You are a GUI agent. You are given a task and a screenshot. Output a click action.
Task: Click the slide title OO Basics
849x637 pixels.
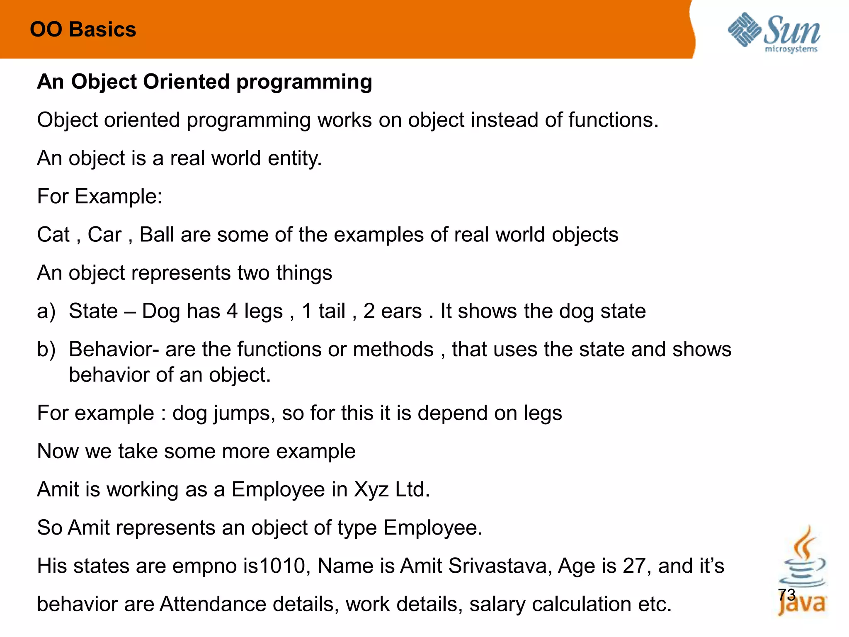[x=83, y=30]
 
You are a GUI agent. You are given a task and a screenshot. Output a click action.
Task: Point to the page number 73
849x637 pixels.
[x=786, y=595]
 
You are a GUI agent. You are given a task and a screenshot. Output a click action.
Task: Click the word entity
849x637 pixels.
[x=294, y=158]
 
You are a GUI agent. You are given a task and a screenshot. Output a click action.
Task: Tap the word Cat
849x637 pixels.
[x=53, y=235]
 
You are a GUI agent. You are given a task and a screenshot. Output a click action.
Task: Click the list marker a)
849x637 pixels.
[x=46, y=311]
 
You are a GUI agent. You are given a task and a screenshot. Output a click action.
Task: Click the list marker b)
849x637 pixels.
[x=46, y=350]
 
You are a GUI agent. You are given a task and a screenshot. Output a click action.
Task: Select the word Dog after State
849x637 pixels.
[x=161, y=311]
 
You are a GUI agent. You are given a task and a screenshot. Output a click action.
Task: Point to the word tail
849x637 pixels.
[x=332, y=311]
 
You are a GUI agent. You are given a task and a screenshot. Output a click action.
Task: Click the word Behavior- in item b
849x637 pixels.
[x=114, y=350]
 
